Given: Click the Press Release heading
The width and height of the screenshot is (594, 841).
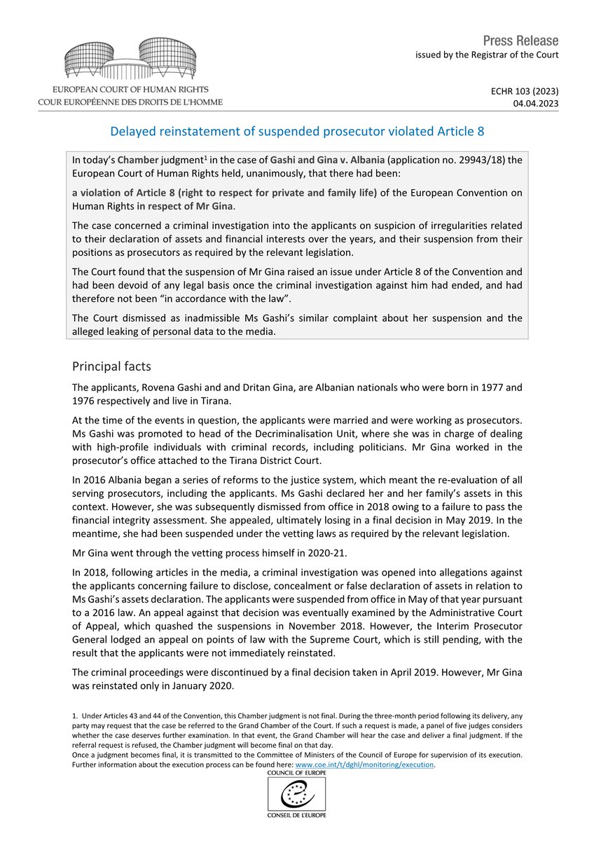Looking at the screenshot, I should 520,40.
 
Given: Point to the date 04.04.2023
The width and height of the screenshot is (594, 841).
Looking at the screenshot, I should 536,102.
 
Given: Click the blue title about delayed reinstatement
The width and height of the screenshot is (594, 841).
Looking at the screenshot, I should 297,131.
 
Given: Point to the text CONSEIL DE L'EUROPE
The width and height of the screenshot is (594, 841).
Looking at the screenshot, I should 297,815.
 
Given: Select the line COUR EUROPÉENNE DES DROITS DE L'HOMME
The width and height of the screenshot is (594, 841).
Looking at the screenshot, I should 130,102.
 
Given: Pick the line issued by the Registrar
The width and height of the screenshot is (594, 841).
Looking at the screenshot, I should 488,55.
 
